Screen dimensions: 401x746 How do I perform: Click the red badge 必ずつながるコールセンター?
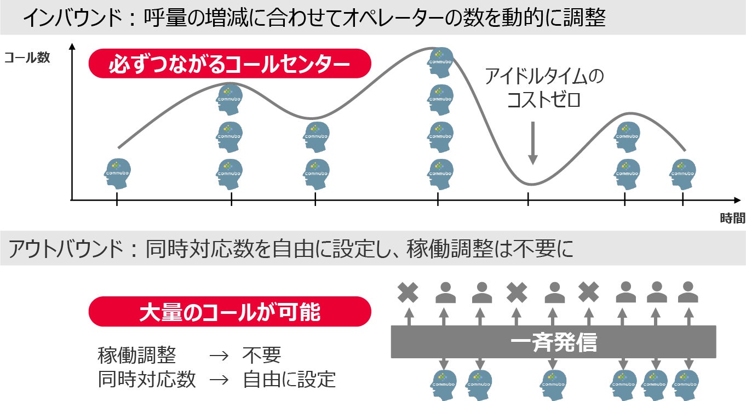click(229, 64)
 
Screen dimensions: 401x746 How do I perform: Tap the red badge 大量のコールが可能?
click(229, 312)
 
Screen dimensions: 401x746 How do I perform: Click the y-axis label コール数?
click(27, 58)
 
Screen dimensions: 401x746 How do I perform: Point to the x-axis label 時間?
click(732, 219)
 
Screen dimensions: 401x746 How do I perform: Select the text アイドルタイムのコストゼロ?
click(543, 88)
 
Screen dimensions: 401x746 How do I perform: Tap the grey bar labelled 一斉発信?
click(553, 342)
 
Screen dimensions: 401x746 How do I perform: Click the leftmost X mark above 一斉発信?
click(408, 293)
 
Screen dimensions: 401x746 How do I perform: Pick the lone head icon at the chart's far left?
click(117, 173)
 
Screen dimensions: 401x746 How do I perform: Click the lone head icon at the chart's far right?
click(682, 173)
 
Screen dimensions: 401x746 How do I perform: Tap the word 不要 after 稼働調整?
click(261, 356)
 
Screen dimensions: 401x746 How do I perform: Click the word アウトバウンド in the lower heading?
click(65, 250)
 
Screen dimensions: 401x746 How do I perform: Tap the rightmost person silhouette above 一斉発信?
click(687, 293)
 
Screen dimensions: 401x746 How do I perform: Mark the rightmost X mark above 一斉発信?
click(589, 293)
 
